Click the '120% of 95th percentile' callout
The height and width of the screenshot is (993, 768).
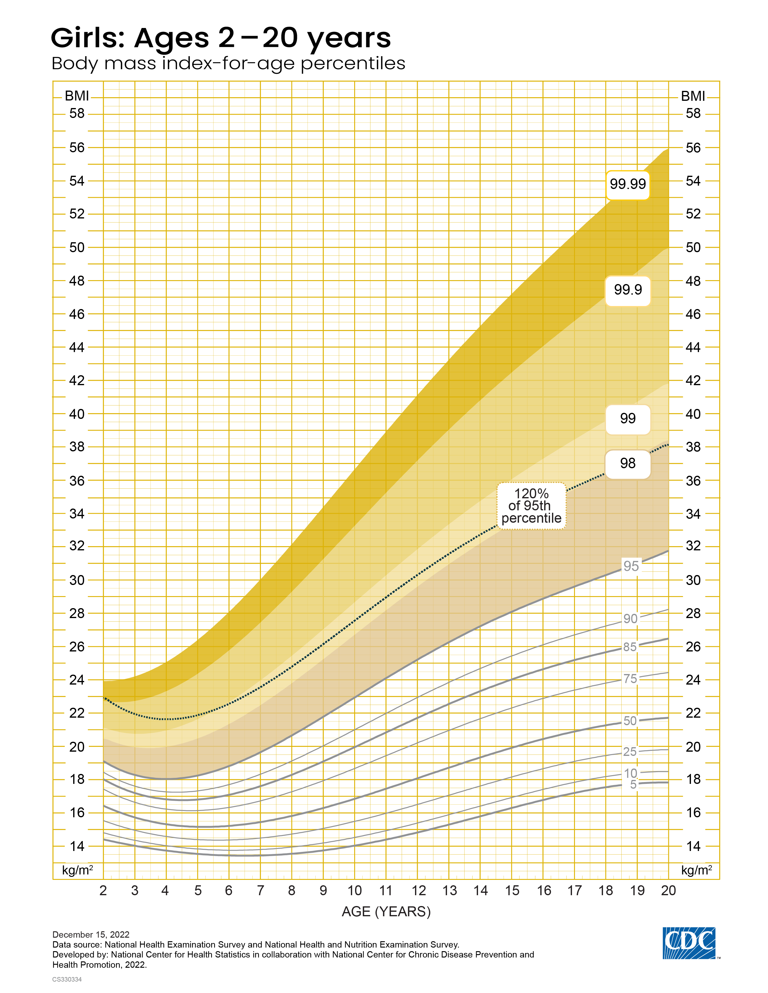pos(531,506)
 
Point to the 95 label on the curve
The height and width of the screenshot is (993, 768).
pos(631,566)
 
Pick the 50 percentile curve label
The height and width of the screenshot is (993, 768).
pos(630,721)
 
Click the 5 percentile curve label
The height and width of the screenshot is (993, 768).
pos(633,784)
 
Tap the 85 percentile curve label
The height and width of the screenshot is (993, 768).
pos(630,647)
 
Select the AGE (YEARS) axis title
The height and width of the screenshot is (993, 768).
pos(386,912)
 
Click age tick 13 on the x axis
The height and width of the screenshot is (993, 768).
pos(450,891)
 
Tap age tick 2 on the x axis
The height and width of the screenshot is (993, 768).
pos(103,891)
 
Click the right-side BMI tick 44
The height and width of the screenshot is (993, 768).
pos(693,347)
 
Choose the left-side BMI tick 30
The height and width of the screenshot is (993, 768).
pos(77,580)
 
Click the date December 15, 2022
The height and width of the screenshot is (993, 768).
pos(91,934)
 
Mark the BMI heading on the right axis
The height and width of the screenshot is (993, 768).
pos(692,96)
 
